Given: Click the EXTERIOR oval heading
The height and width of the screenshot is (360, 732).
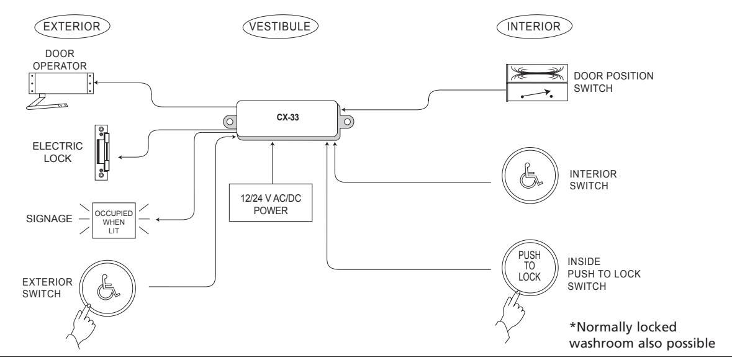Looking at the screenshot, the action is click(71, 26).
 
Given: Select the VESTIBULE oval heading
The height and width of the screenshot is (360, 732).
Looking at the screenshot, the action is click(280, 26).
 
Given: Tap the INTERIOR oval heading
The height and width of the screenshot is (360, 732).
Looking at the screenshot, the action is click(533, 26).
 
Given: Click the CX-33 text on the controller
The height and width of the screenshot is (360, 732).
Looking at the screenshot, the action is click(287, 118).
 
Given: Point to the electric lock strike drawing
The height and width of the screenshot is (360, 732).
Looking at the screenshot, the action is click(102, 151).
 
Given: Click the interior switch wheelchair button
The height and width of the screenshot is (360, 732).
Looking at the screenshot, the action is click(530, 176).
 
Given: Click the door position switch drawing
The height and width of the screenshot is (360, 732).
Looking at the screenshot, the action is click(537, 83).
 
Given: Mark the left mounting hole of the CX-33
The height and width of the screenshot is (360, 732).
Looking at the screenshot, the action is click(230, 122).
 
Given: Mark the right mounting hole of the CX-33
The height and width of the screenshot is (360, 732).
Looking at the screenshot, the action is click(347, 122).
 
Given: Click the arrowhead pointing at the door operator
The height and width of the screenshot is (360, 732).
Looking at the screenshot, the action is click(97, 81).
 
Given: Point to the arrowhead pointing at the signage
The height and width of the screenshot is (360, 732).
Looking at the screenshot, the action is click(158, 219).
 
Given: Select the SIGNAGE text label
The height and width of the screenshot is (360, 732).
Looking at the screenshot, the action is click(50, 218).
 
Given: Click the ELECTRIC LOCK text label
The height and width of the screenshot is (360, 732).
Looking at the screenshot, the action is click(58, 152).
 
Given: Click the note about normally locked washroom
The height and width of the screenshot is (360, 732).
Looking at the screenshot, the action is click(642, 335).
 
